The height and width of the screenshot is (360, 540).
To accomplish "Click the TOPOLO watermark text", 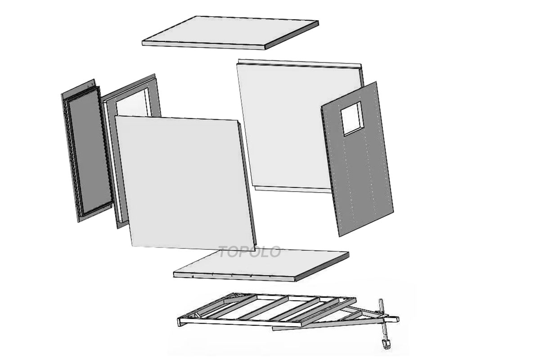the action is (250, 252).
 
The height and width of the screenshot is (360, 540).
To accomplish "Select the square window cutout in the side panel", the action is (352, 118).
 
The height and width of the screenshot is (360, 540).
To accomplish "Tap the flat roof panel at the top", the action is (230, 33).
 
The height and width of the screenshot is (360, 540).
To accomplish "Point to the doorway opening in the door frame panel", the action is (132, 103).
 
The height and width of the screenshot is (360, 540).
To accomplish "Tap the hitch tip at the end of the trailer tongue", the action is (395, 319).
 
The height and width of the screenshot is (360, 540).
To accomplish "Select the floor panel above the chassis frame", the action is (261, 265).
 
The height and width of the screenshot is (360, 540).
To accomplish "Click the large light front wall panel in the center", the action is (185, 183).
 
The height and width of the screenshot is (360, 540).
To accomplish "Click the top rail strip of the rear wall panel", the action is (299, 63).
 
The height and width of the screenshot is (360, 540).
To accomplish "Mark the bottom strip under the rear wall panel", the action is (293, 189).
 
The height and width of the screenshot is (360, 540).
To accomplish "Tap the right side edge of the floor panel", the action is (322, 267).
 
